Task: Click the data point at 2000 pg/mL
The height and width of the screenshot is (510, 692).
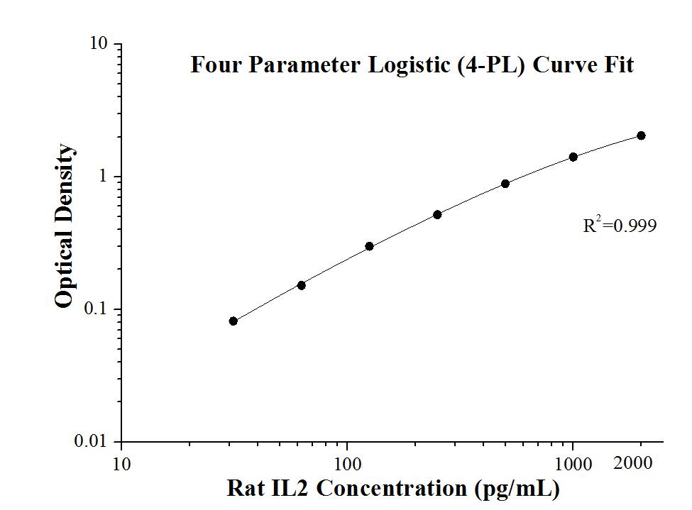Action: click(641, 135)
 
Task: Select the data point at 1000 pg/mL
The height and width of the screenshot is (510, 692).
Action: click(573, 157)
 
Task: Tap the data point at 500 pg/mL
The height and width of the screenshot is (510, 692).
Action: click(505, 184)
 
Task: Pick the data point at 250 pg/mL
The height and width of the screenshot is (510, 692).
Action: click(437, 214)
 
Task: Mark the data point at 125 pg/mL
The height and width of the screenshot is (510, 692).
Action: click(369, 246)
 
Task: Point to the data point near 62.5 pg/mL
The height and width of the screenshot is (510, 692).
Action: click(301, 285)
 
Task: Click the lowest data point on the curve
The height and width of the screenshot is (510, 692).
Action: click(234, 321)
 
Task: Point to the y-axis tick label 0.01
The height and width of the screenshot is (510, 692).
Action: click(92, 442)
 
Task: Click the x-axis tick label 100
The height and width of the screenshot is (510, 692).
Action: click(347, 465)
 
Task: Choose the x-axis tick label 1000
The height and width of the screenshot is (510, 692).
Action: click(573, 465)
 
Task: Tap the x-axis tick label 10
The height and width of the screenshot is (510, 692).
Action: click(121, 465)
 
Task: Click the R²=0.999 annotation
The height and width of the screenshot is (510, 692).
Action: click(619, 226)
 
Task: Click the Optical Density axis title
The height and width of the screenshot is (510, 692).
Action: click(64, 226)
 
